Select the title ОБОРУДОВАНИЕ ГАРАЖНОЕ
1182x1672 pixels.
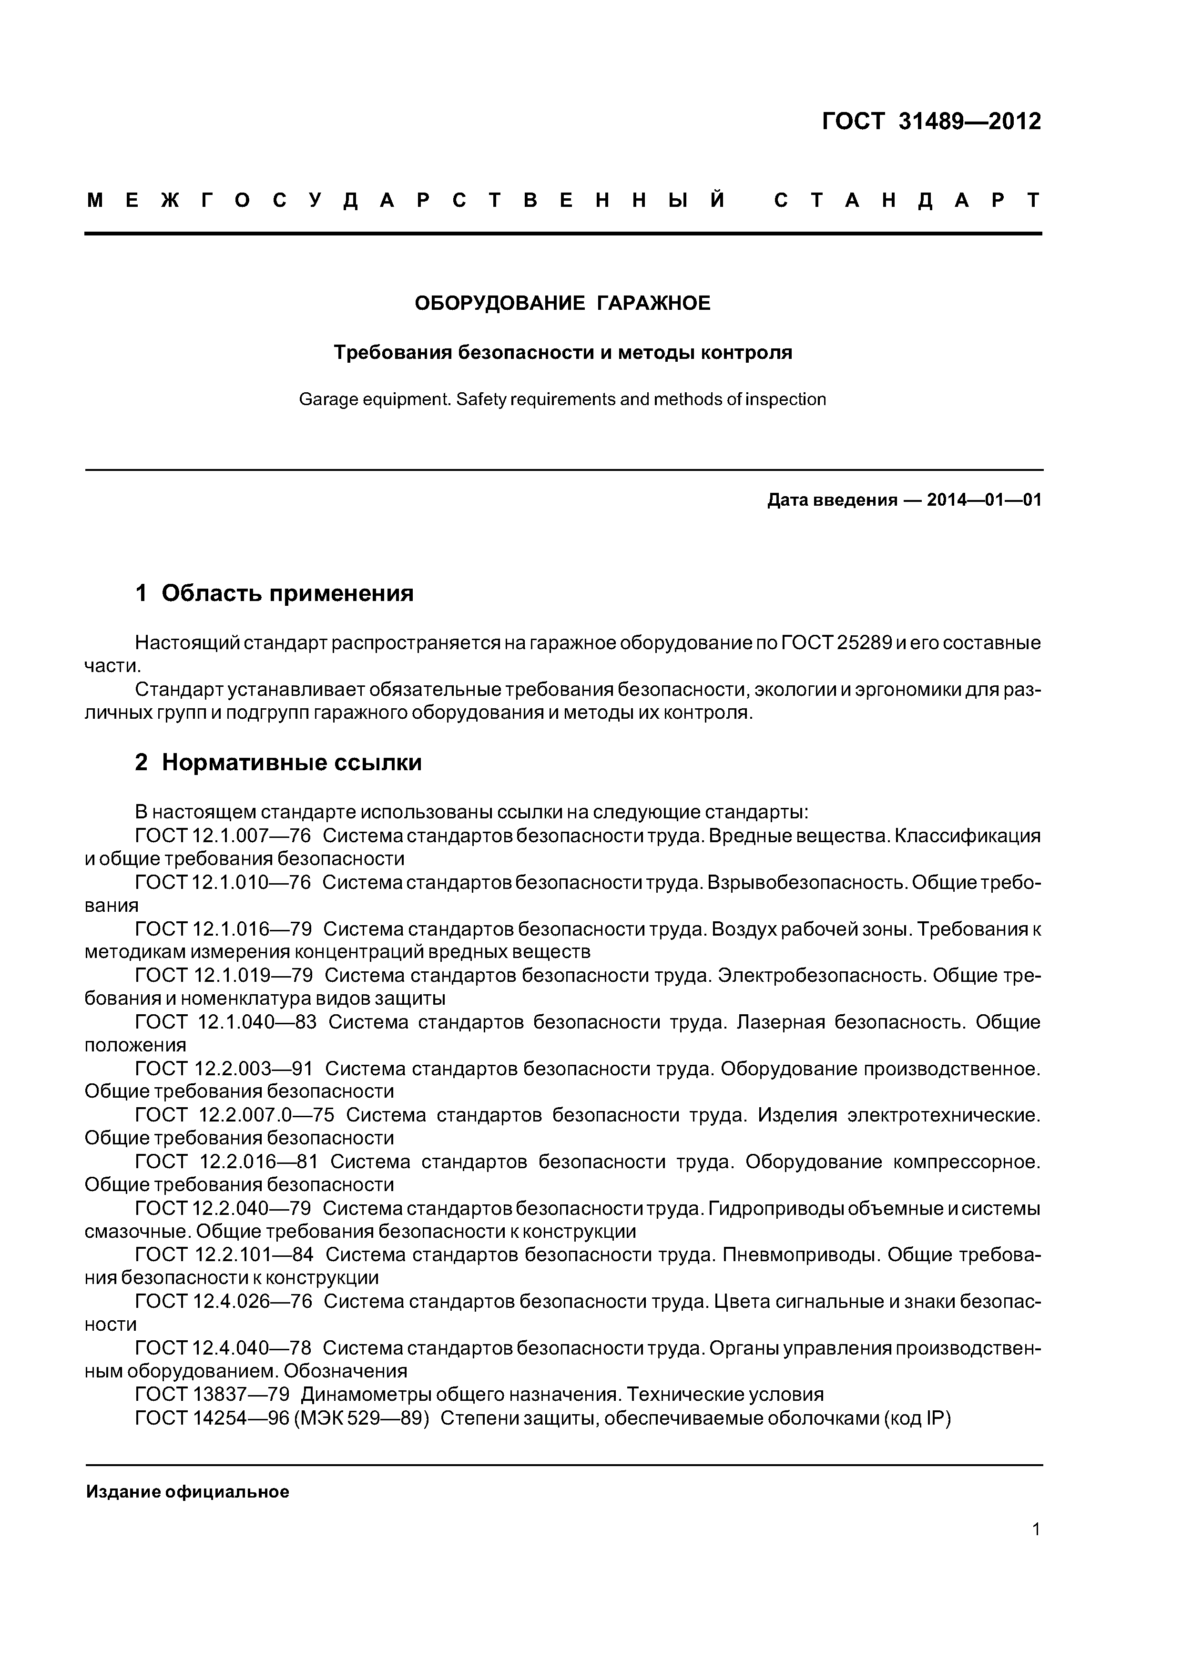click(562, 303)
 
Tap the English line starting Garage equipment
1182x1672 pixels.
click(562, 400)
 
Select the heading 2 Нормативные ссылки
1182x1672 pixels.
click(278, 763)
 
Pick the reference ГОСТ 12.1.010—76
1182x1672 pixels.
click(223, 883)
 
